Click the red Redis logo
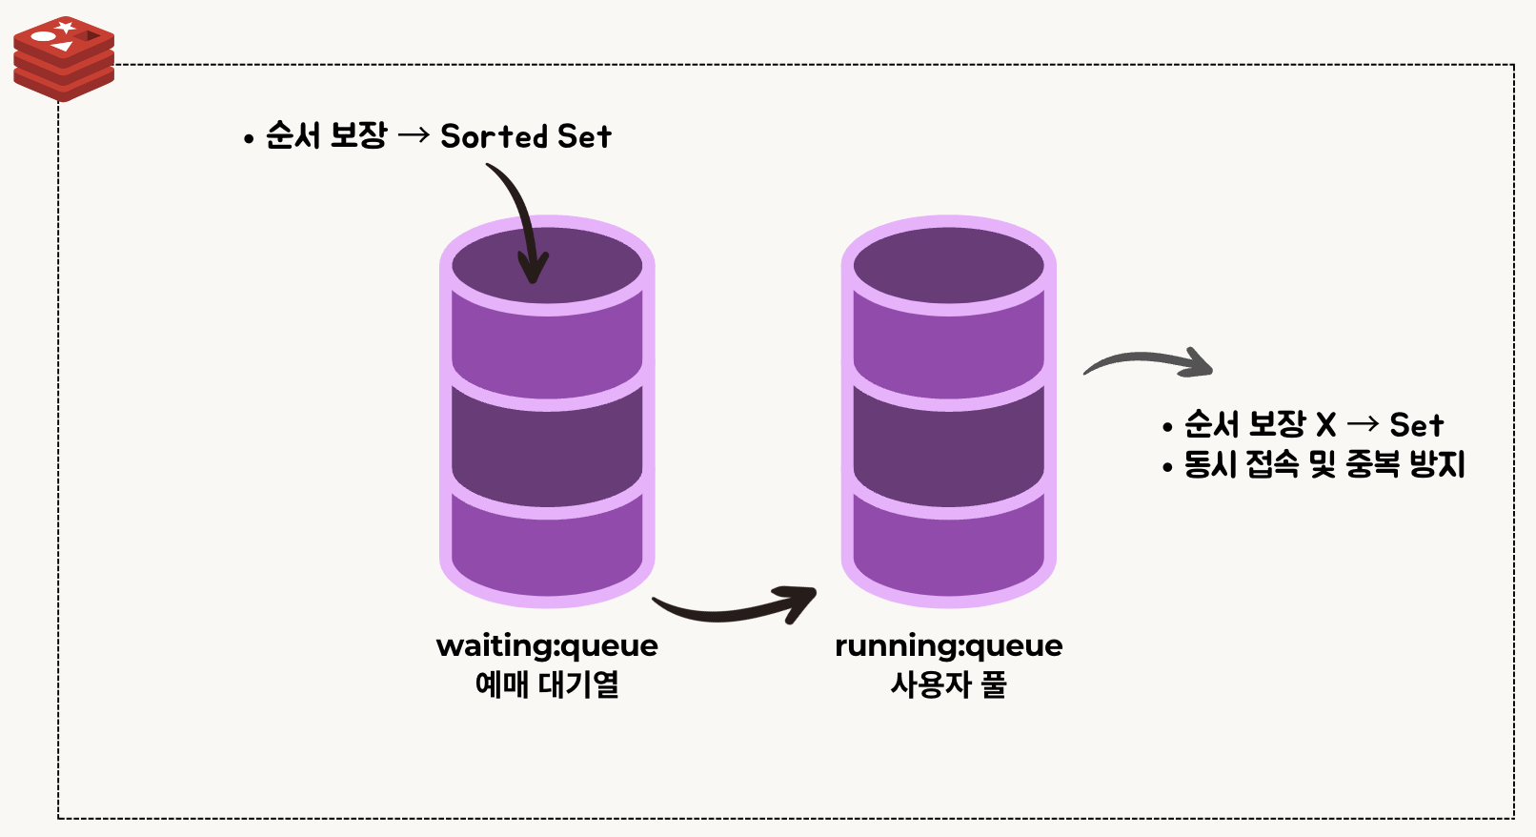pos(64,58)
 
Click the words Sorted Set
pos(525,136)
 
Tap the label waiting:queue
pos(547,645)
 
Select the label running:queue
pos(948,645)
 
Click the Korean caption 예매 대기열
pos(547,684)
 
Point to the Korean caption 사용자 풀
pos(948,684)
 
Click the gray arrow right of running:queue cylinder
pos(1148,362)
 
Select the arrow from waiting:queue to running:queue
pos(734,607)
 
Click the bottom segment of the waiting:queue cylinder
pos(547,553)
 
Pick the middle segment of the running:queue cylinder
pos(948,443)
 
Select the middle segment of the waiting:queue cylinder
pos(547,443)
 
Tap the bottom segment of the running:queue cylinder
pos(948,553)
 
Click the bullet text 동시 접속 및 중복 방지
pos(1324,464)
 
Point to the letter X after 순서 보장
pos(1325,424)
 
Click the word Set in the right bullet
pos(1416,424)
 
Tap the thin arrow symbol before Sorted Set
pos(414,136)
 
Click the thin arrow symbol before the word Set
pos(1363,424)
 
